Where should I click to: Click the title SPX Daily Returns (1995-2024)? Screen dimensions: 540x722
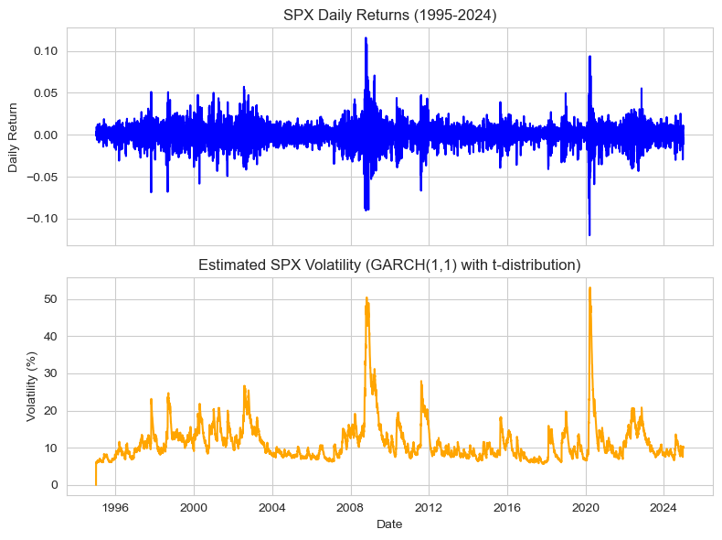point(389,15)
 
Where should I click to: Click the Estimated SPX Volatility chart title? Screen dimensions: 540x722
point(389,265)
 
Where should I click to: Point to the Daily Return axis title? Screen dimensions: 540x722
point(13,135)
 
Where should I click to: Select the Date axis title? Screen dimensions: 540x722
point(389,524)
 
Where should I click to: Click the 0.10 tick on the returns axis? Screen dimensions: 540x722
point(45,51)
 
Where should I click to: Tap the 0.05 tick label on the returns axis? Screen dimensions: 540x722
point(45,93)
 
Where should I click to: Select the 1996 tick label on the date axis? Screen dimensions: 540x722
point(115,505)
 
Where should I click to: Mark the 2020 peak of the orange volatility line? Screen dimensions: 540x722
point(589,287)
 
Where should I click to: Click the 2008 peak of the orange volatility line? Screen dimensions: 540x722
point(366,297)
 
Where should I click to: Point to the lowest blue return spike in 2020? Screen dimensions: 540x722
point(589,235)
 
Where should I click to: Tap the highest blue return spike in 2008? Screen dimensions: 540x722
point(366,38)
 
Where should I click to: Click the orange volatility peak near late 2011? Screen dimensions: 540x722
point(421,382)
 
